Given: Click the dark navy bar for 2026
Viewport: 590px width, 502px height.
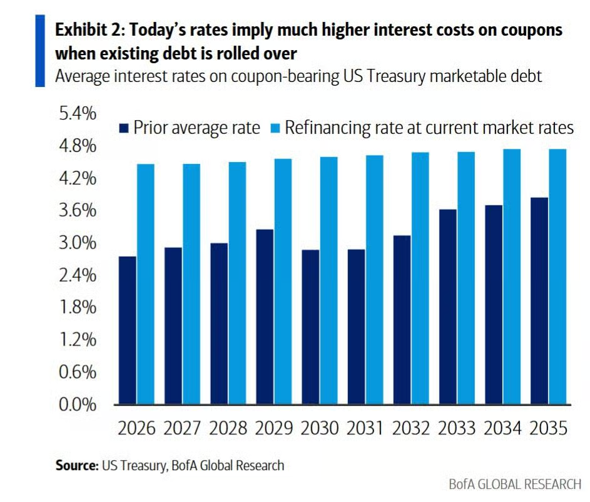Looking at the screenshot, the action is tap(127, 330).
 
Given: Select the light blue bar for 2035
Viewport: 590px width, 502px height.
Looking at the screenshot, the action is tap(557, 277).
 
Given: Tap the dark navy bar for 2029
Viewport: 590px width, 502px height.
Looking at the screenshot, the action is tap(265, 317).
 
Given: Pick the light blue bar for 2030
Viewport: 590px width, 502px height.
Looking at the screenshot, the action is tap(329, 280).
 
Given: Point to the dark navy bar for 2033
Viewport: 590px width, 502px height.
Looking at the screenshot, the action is tap(448, 307).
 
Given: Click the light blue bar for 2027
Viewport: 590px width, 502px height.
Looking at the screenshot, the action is tap(191, 284).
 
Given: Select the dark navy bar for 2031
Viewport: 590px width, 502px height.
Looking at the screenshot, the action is tap(357, 327).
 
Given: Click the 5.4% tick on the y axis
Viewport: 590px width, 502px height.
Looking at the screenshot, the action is tap(78, 113).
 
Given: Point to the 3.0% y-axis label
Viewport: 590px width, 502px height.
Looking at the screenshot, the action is tap(78, 243).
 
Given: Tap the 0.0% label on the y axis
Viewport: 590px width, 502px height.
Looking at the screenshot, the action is tap(78, 404).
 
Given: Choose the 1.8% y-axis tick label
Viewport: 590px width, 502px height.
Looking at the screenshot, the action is tap(78, 307).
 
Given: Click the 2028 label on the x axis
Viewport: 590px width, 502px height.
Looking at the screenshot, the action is tap(228, 428).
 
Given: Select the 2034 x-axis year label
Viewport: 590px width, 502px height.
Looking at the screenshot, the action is tap(502, 428).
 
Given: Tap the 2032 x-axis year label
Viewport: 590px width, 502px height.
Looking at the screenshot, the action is tap(411, 428).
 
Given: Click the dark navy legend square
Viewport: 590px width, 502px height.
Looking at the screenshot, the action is tap(124, 128).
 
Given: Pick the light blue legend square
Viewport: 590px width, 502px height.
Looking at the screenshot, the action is tap(276, 128).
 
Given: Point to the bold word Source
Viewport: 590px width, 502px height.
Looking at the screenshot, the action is tap(76, 466).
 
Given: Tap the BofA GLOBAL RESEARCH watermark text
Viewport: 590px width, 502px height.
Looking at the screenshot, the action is tap(515, 484).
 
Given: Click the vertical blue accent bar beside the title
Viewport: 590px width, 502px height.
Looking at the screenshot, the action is tap(40, 51).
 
